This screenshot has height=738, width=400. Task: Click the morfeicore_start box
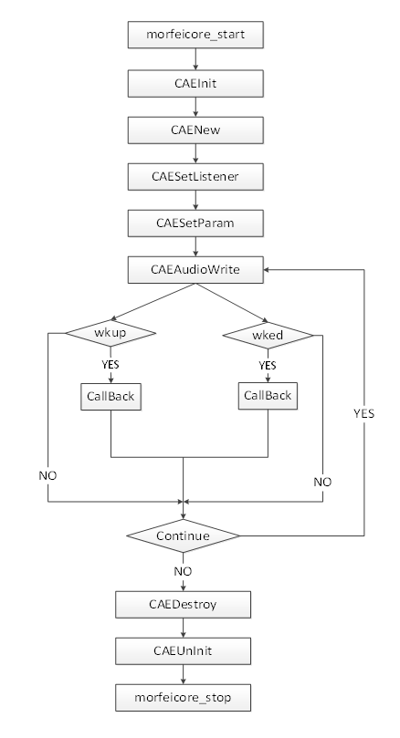(x=195, y=35)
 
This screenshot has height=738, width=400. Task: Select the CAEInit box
(x=195, y=83)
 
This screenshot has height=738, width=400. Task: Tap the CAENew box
(x=195, y=130)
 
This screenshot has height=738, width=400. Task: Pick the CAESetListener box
(x=195, y=176)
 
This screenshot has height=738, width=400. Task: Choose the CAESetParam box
(x=195, y=223)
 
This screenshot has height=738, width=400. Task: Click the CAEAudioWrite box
(x=195, y=270)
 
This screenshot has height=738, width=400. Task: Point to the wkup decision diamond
(x=111, y=333)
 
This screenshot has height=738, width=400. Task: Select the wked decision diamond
(x=268, y=335)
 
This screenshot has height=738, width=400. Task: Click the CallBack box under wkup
(x=111, y=396)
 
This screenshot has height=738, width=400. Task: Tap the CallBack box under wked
(x=268, y=396)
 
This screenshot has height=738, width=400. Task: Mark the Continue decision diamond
(x=183, y=536)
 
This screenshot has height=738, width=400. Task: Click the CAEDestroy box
(x=183, y=604)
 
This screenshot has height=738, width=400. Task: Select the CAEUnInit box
(x=183, y=651)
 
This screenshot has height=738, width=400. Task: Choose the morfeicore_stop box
(x=183, y=698)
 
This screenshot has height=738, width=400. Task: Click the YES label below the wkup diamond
(x=111, y=365)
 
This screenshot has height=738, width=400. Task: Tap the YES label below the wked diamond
(x=268, y=366)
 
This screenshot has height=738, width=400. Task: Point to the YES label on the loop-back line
(x=364, y=414)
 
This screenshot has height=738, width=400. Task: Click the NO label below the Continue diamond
(x=183, y=571)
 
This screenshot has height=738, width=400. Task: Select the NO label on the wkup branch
(x=47, y=476)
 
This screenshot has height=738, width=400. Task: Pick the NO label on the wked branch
(x=322, y=483)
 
